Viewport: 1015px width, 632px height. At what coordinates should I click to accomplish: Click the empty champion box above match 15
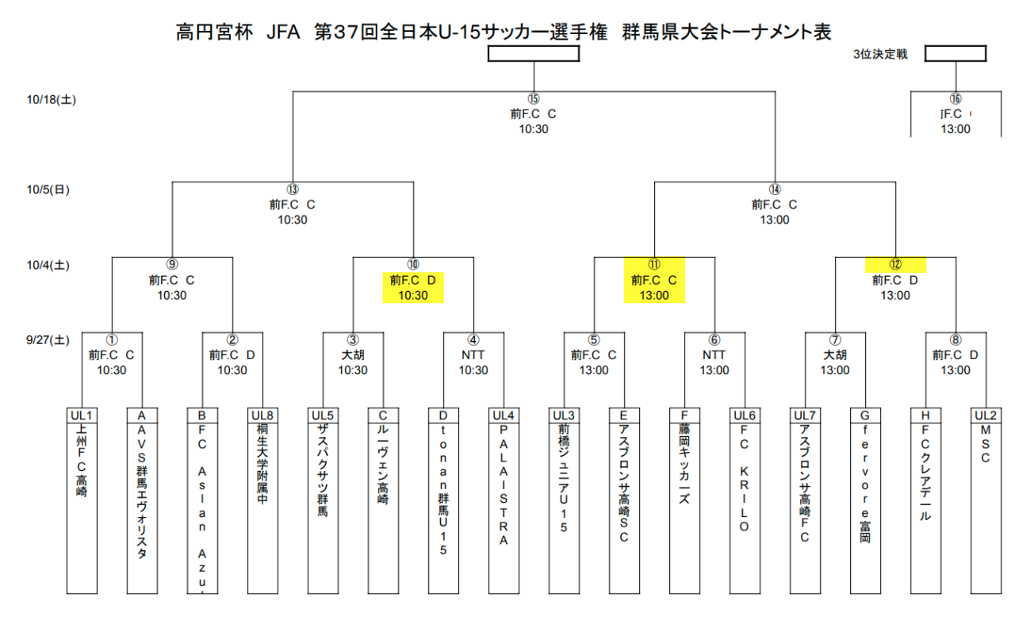click(x=533, y=54)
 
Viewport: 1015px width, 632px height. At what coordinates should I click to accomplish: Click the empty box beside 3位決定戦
click(x=955, y=54)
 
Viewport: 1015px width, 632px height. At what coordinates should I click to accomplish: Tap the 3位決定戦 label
click(x=879, y=55)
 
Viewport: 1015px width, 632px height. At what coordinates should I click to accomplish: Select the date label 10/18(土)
click(x=51, y=99)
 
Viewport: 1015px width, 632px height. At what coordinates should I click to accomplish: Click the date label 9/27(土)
click(x=48, y=340)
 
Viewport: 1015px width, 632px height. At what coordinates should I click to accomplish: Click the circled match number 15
click(x=533, y=99)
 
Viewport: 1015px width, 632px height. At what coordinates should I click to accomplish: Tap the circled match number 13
click(x=293, y=190)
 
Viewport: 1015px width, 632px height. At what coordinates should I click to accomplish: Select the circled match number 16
click(x=955, y=99)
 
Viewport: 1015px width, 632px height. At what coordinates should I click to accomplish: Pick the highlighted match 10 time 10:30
click(x=412, y=295)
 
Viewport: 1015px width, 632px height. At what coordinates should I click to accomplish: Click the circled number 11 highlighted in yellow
click(x=654, y=265)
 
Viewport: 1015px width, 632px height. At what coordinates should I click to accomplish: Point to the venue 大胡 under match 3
click(x=353, y=355)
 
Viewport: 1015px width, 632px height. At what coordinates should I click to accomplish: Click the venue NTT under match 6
click(x=714, y=355)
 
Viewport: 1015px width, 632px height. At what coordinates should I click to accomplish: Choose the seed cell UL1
click(x=82, y=415)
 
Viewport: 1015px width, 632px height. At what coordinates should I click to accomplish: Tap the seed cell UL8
click(x=262, y=415)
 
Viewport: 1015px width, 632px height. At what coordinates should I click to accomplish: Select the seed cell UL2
click(x=985, y=415)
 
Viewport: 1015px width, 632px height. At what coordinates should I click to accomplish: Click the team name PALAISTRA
click(x=504, y=485)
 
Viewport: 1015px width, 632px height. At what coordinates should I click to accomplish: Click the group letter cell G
click(x=864, y=415)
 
